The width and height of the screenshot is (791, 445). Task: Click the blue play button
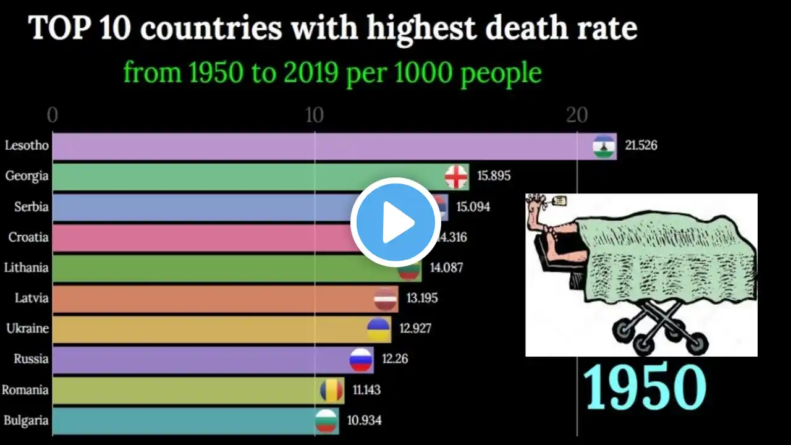pyautogui.click(x=395, y=222)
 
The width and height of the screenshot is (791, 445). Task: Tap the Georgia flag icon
pyautogui.click(x=456, y=177)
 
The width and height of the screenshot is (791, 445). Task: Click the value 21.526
pyautogui.click(x=641, y=146)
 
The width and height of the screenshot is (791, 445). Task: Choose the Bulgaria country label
pyautogui.click(x=26, y=421)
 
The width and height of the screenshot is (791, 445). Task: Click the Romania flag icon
pyautogui.click(x=331, y=391)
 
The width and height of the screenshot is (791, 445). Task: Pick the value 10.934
pyautogui.click(x=364, y=421)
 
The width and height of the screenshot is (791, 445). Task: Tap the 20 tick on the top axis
pyautogui.click(x=576, y=116)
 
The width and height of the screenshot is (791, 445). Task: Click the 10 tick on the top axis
pyautogui.click(x=314, y=116)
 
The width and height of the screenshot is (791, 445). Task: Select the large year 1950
pyautogui.click(x=645, y=387)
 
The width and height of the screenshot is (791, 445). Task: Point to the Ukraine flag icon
pyautogui.click(x=378, y=329)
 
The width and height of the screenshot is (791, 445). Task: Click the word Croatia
pyautogui.click(x=28, y=237)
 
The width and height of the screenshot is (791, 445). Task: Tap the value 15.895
pyautogui.click(x=494, y=176)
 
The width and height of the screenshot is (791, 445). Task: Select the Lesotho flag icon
pyautogui.click(x=603, y=146)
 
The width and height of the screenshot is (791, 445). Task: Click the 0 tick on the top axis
pyautogui.click(x=53, y=116)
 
